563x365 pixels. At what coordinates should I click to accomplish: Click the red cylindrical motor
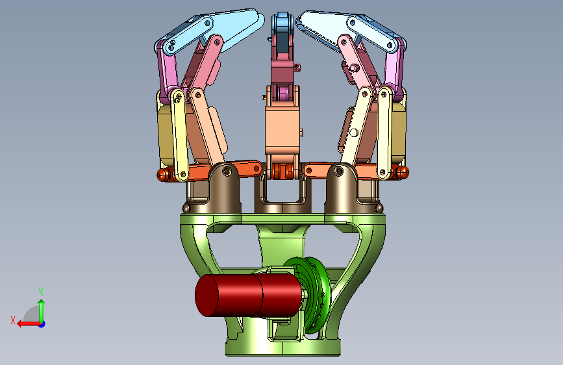pyautogui.click(x=248, y=296)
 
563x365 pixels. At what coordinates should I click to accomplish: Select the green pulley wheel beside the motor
pyautogui.click(x=316, y=295)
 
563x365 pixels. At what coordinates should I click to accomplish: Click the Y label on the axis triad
pyautogui.click(x=41, y=292)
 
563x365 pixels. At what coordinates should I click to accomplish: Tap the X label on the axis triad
pyautogui.click(x=13, y=320)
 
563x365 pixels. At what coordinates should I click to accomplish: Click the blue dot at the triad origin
pyautogui.click(x=42, y=324)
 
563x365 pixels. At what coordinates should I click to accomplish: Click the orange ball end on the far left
pyautogui.click(x=163, y=175)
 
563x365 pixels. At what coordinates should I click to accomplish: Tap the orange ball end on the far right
pyautogui.click(x=402, y=173)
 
